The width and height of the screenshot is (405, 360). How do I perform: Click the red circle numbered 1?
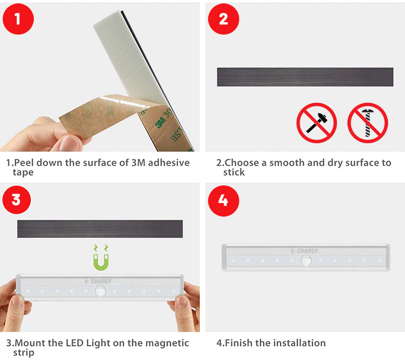(x=18, y=19)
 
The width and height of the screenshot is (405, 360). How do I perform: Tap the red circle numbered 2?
(x=224, y=19)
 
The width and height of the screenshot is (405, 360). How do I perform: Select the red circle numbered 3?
(x=17, y=199)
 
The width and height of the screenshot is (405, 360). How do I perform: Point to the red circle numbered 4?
(x=224, y=201)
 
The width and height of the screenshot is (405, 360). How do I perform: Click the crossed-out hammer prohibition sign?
(x=316, y=123)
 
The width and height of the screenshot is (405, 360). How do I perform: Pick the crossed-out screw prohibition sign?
(x=368, y=123)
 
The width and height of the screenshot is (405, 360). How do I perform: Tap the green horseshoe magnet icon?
(x=101, y=262)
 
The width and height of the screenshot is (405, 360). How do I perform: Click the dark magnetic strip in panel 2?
(x=305, y=77)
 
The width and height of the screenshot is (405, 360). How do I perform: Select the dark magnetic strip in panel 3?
(x=100, y=229)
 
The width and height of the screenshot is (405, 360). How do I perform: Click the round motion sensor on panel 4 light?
(x=306, y=261)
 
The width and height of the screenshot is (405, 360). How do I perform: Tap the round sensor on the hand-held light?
(x=100, y=291)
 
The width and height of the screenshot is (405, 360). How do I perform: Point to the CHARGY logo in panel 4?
(x=304, y=251)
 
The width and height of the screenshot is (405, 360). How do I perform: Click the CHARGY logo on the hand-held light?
(x=98, y=281)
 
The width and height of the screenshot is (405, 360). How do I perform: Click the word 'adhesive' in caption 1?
(x=168, y=163)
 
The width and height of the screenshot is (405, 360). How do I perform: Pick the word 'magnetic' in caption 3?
(x=167, y=343)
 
